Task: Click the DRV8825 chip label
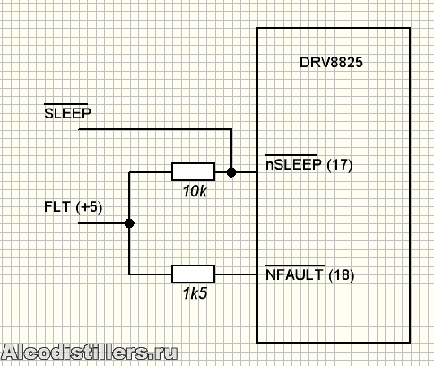coord(331,63)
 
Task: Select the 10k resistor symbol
coord(193,172)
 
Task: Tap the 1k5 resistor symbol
coord(193,274)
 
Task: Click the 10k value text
coord(195,191)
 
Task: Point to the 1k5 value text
coord(195,293)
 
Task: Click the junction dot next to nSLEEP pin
coord(231,172)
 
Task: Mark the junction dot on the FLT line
coord(129,223)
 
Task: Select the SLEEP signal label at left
coord(67,113)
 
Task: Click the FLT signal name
coord(57,206)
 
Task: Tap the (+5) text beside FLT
coord(89,207)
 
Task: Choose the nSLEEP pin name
coord(293,164)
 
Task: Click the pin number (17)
coord(340,165)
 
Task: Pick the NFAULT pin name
coord(295,274)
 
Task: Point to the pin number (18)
coord(342,275)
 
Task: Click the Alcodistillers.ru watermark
coord(90,352)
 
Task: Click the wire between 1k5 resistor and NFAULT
coord(236,274)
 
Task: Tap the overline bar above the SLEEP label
coord(66,104)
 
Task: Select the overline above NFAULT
coord(296,266)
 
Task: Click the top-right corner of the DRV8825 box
coord(410,28)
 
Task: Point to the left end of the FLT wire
coord(79,223)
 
